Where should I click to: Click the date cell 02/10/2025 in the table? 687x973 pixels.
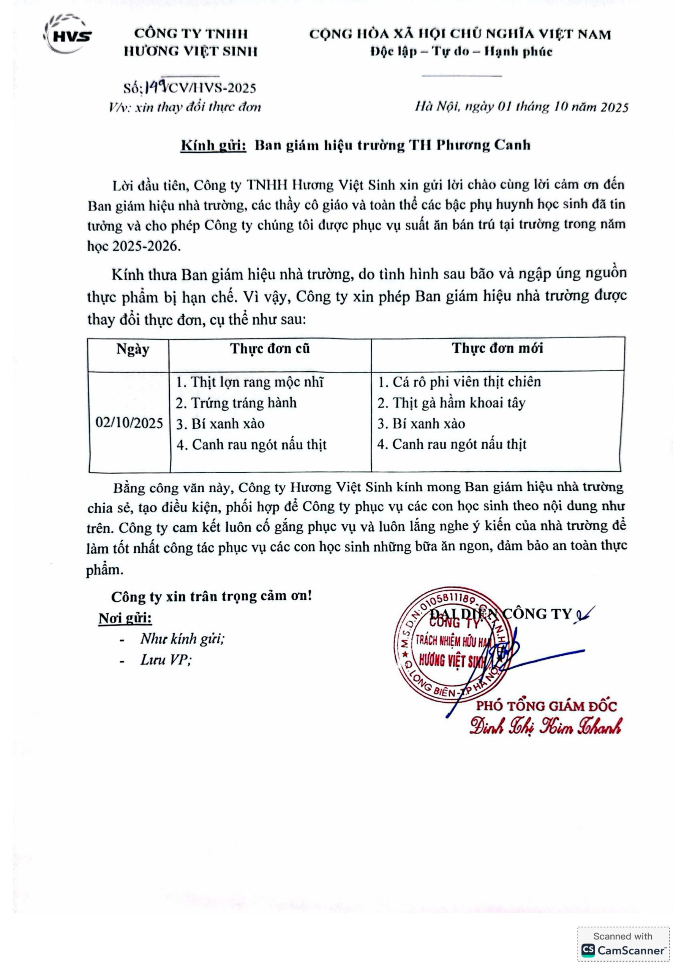coord(129,423)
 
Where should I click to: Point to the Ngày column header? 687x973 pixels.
coord(133,349)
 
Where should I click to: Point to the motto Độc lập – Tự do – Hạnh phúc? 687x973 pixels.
coord(462,52)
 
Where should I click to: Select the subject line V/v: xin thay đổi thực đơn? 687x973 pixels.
coord(185,107)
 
